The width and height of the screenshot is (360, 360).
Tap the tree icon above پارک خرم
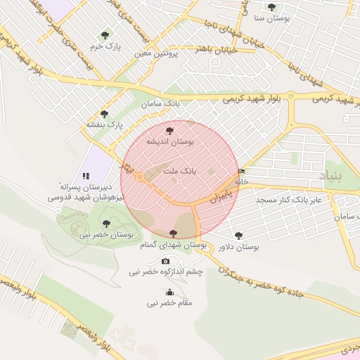(105, 34)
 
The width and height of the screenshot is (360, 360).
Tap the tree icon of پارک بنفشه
(104, 113)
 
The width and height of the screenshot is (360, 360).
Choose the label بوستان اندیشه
(169, 141)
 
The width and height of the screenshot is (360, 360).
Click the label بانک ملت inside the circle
(179, 171)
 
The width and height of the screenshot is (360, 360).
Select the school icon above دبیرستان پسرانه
(86, 176)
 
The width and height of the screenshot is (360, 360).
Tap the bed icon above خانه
(242, 172)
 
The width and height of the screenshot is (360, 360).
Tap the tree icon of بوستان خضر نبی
(106, 224)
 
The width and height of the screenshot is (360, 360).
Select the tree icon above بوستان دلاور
(239, 236)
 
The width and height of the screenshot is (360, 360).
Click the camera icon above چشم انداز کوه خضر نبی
(166, 261)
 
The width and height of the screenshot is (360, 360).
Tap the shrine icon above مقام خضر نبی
(169, 292)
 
